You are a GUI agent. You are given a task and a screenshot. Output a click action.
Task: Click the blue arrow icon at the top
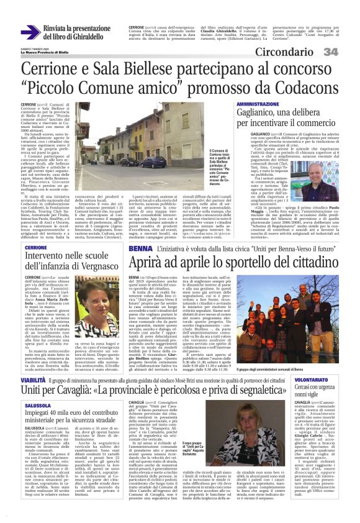(x=30, y=31)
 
